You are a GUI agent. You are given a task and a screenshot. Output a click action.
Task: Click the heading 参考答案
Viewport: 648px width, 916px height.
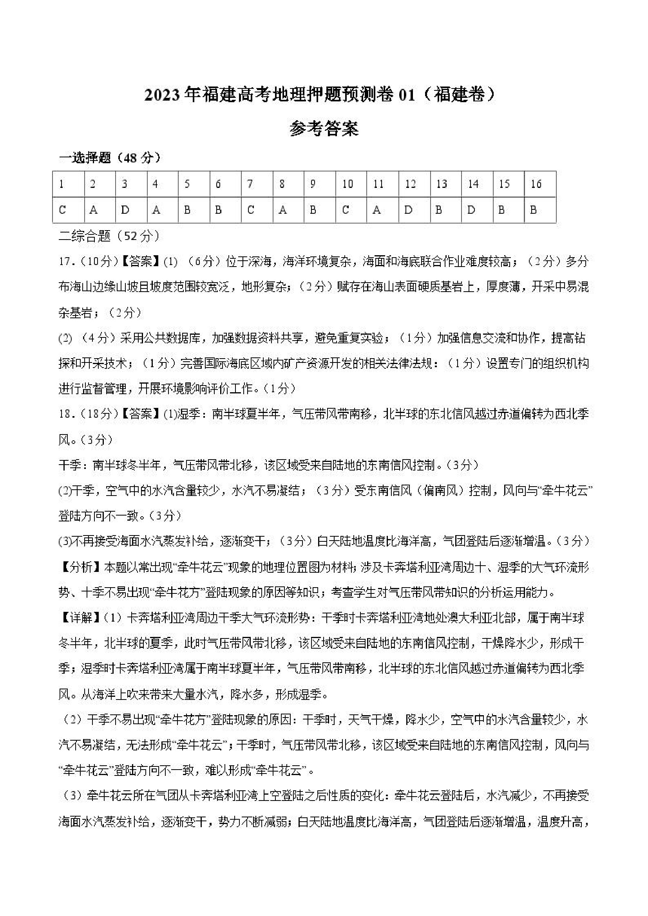(324, 129)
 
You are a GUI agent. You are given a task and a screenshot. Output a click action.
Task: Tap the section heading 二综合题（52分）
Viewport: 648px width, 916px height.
(109, 236)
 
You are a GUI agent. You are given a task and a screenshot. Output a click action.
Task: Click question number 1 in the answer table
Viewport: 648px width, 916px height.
(62, 184)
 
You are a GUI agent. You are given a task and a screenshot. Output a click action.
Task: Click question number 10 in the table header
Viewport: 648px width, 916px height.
(348, 184)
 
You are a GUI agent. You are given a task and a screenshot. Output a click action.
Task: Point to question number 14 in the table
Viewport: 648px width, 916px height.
(473, 184)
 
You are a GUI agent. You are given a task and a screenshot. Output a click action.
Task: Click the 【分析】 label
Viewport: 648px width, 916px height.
(80, 567)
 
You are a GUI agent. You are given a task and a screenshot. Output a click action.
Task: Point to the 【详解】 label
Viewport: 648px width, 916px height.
(80, 618)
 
